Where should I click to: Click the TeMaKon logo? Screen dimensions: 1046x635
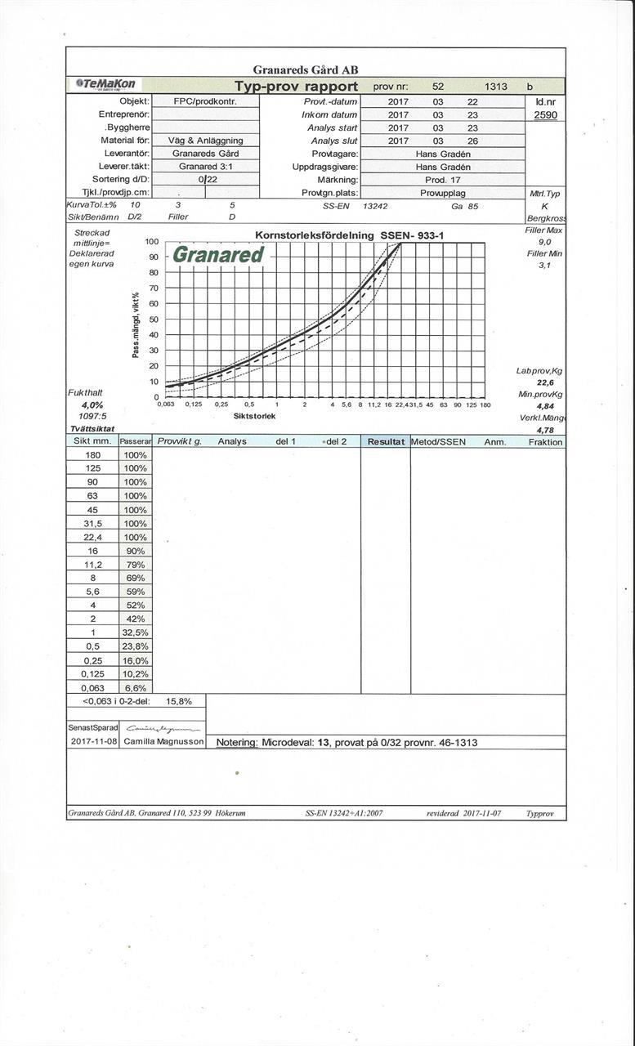pos(107,84)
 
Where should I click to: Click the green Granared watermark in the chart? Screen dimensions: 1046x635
pos(218,255)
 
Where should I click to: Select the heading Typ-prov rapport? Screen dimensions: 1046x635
pos(296,87)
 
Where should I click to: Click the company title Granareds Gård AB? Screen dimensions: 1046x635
pos(306,70)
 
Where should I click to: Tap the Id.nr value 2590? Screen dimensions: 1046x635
pos(545,115)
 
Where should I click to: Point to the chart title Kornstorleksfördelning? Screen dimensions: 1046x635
pos(315,235)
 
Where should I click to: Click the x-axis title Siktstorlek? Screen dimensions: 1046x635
pos(255,416)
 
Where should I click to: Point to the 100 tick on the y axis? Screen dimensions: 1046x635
pos(152,242)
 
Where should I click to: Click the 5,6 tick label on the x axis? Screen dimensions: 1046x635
pos(346,405)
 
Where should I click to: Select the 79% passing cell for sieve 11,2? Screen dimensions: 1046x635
pos(135,565)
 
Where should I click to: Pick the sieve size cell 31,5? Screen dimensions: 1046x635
pos(92,523)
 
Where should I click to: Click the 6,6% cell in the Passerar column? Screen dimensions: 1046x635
pos(135,688)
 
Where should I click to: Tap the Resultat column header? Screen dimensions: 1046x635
pos(386,441)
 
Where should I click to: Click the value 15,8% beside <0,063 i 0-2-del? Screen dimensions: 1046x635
pos(179,701)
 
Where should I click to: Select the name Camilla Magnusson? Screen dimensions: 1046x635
pos(164,741)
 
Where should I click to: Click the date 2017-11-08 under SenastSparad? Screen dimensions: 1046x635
pos(93,741)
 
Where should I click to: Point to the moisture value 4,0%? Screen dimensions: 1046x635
pos(92,405)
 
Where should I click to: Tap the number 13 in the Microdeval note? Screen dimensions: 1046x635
pos(323,743)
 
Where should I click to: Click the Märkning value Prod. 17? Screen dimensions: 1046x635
pos(444,180)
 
